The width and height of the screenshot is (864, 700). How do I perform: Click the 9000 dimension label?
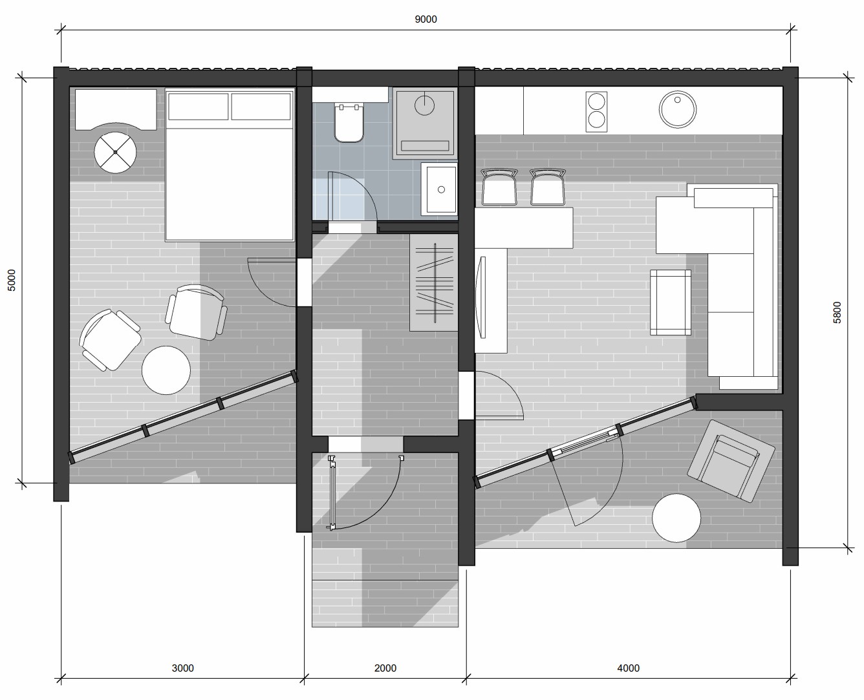click(x=426, y=19)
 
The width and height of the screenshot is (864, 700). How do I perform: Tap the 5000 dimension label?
click(x=12, y=280)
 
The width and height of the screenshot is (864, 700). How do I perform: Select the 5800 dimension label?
click(x=837, y=312)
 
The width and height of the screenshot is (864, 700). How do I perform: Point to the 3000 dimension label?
click(x=182, y=668)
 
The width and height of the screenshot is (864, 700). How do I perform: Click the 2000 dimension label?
click(x=385, y=668)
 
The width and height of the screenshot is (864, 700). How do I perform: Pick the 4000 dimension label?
click(x=629, y=668)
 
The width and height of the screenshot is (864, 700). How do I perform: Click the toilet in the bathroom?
click(x=349, y=122)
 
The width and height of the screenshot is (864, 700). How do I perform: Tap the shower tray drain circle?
click(x=424, y=105)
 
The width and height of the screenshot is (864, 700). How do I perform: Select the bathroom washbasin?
click(x=439, y=189)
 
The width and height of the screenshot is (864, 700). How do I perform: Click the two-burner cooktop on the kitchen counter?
click(x=596, y=111)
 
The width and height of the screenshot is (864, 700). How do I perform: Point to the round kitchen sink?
click(x=677, y=109)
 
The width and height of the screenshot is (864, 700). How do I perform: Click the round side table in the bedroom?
click(x=166, y=370)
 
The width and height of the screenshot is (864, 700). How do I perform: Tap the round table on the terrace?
click(x=676, y=518)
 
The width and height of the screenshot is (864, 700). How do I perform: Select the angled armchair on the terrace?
click(x=731, y=461)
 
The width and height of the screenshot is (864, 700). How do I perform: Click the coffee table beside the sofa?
click(x=671, y=302)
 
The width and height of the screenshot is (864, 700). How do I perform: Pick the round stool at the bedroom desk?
click(x=115, y=153)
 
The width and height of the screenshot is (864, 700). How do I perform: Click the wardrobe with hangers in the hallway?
click(x=434, y=282)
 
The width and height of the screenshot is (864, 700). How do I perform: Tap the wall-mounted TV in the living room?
click(x=481, y=297)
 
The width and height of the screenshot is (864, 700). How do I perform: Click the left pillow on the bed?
click(x=199, y=107)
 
